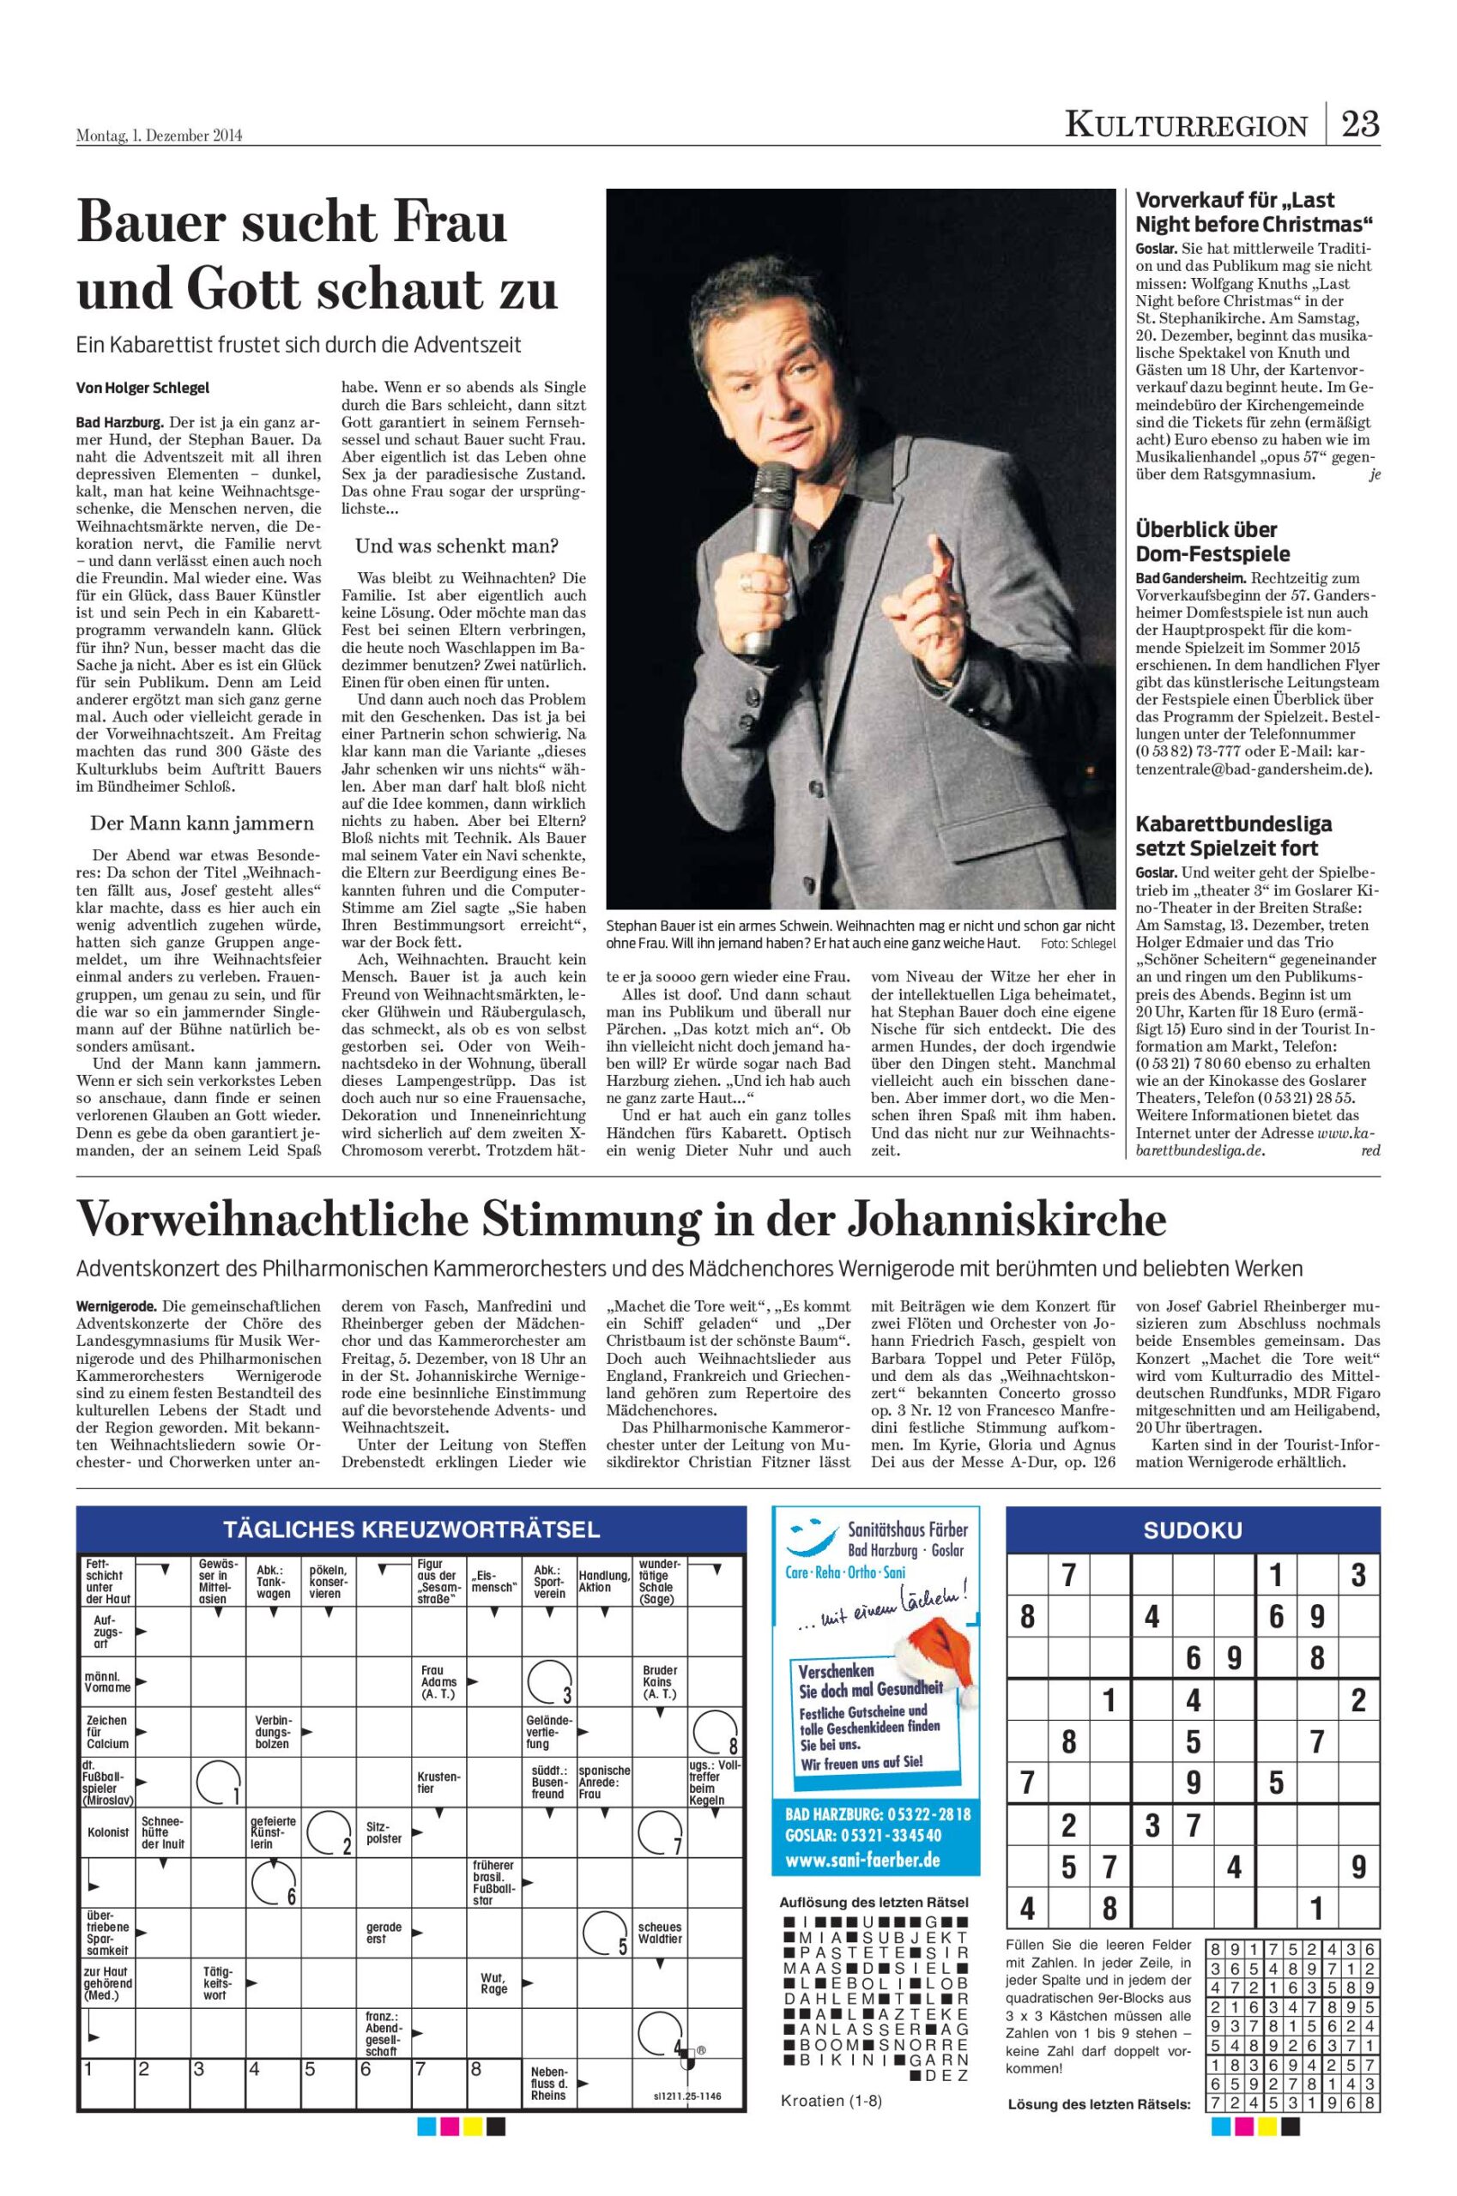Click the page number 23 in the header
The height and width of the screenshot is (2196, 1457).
(1359, 124)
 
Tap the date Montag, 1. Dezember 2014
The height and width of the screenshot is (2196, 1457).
(159, 136)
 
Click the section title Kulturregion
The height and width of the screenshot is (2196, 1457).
(1186, 124)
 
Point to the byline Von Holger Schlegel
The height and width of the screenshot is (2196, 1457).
(136, 388)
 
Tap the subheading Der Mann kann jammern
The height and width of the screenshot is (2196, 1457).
(202, 822)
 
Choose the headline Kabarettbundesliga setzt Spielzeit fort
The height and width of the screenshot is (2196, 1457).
(1233, 836)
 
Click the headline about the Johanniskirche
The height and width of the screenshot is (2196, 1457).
(620, 1219)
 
